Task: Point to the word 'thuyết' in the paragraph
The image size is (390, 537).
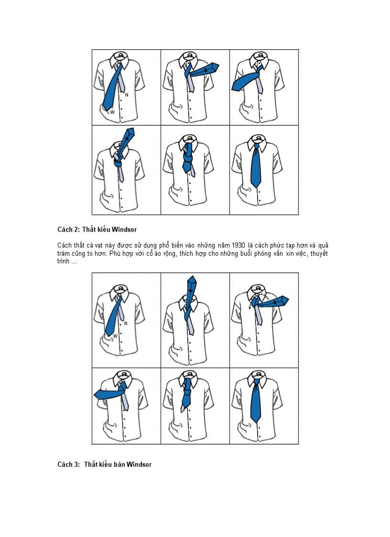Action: [319, 253]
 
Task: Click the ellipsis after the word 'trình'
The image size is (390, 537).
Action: [75, 262]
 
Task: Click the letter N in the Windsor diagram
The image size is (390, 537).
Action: [126, 323]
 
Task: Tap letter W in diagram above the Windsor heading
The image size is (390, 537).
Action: [112, 112]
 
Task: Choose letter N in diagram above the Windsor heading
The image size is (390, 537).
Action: [126, 95]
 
